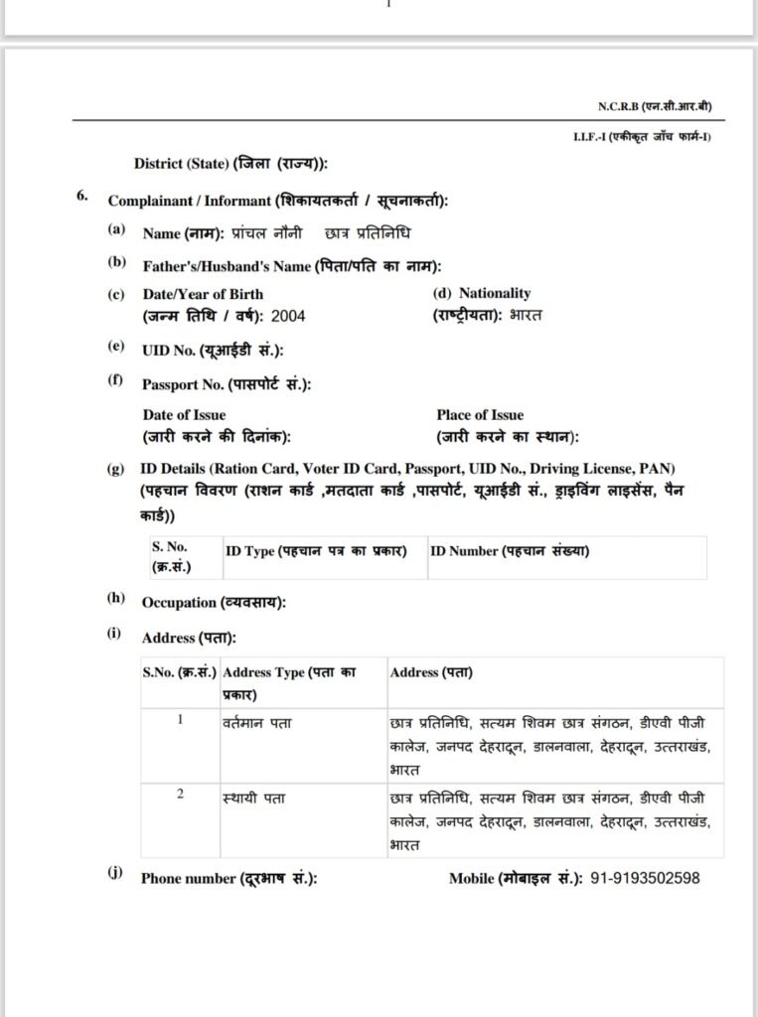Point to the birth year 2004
288,316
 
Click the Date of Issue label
184,415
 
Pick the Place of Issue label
480,415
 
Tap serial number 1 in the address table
180,720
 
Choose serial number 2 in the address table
180,796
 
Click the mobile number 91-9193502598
645,879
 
